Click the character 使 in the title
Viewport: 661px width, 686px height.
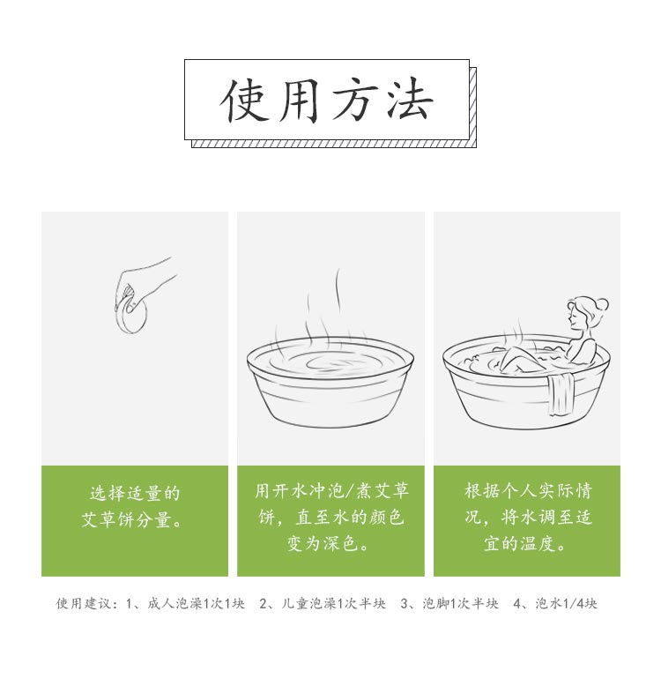point(244,100)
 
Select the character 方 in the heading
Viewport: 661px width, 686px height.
point(355,100)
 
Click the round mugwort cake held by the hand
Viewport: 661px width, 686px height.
point(132,315)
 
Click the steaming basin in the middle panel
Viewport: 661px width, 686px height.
point(330,381)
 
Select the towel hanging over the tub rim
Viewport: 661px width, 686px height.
point(561,394)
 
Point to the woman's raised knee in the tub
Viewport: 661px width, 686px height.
point(516,355)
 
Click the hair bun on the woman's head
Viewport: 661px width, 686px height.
point(602,304)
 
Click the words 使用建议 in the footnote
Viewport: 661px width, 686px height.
point(83,604)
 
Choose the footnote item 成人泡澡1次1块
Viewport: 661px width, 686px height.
point(196,604)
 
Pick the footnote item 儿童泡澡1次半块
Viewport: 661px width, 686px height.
point(333,604)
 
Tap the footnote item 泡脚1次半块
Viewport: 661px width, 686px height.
point(460,604)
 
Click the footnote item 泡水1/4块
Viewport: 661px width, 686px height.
point(567,604)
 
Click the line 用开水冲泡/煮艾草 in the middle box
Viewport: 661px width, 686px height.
point(331,490)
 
